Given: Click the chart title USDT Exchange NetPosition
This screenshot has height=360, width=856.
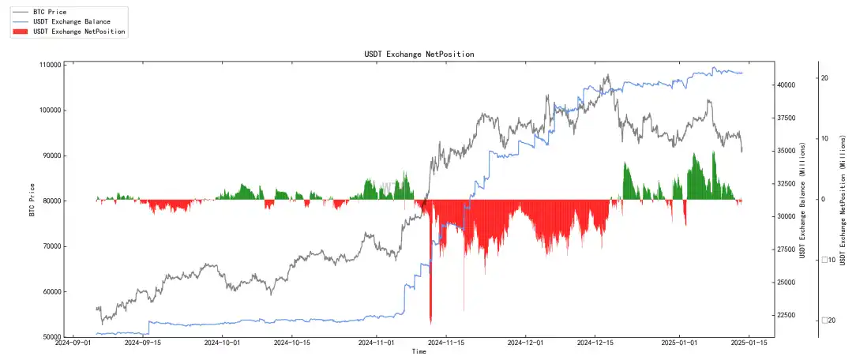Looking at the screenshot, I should pos(419,54).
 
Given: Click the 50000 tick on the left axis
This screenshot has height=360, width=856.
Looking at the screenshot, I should pos(49,337).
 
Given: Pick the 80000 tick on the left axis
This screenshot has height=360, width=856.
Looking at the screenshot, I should pos(49,201).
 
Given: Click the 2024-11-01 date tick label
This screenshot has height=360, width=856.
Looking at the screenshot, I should pos(377,343).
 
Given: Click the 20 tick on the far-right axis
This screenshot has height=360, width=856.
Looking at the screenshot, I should pos(825,78).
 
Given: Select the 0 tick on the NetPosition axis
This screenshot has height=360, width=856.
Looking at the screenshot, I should pos(824,200).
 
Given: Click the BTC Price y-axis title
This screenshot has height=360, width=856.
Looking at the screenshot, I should pos(32,201).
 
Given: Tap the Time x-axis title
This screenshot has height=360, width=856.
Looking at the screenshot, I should pos(419,352).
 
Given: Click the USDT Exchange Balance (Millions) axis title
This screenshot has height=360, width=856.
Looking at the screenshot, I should pos(803,201).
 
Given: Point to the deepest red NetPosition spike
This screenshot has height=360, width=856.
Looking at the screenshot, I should pos(430,320).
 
